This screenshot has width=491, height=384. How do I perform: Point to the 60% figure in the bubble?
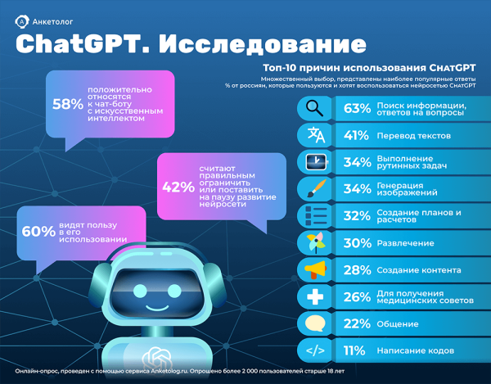(38, 232)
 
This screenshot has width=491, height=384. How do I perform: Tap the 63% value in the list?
(358, 108)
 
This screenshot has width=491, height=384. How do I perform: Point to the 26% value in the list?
(358, 297)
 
